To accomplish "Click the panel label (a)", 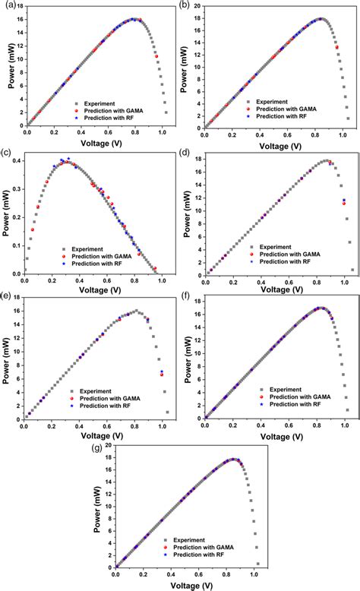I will point(6,5).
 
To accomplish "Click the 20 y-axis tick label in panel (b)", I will point(194,6).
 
